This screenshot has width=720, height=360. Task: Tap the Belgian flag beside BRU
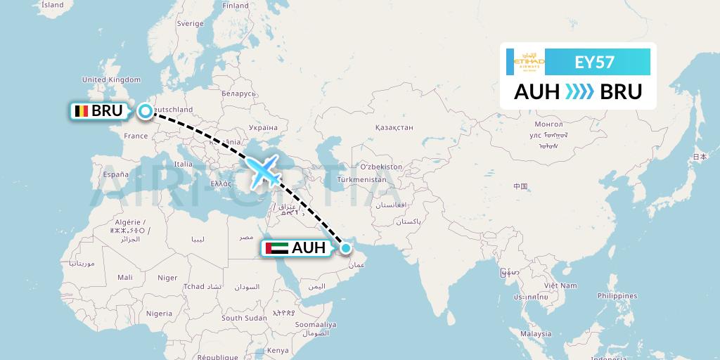point(82,111)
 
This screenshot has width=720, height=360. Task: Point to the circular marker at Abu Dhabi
point(345,247)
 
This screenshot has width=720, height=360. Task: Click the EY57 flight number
point(594,63)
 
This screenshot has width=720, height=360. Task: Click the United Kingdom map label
point(112,80)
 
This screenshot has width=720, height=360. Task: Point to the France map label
point(136,136)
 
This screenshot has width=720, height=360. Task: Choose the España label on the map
point(116,174)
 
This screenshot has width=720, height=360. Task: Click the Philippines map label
point(617,297)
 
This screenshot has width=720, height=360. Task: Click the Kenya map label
point(278,350)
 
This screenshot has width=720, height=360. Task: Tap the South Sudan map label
point(244,318)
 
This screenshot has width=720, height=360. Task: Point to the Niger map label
point(167,278)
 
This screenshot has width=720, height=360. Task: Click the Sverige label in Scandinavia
point(190,23)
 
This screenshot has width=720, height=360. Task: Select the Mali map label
point(125,278)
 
